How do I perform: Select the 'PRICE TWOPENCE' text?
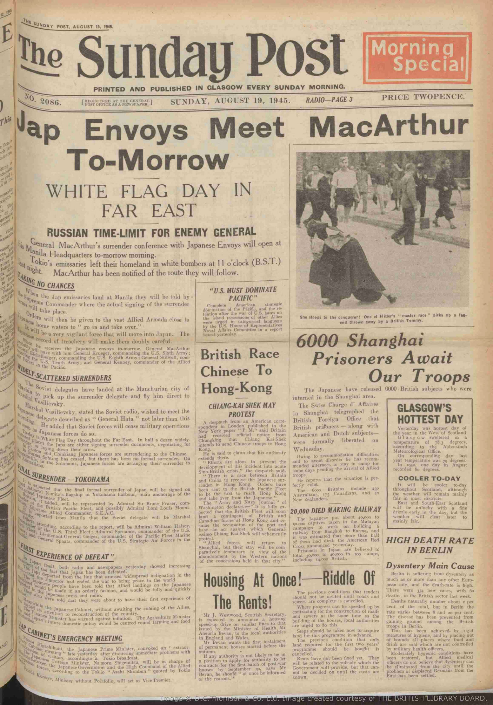[423, 97]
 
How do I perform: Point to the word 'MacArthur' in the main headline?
[389, 127]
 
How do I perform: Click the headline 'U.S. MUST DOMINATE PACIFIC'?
[243, 294]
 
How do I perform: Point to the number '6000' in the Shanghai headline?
[318, 341]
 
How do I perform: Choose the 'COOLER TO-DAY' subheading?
[430, 478]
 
